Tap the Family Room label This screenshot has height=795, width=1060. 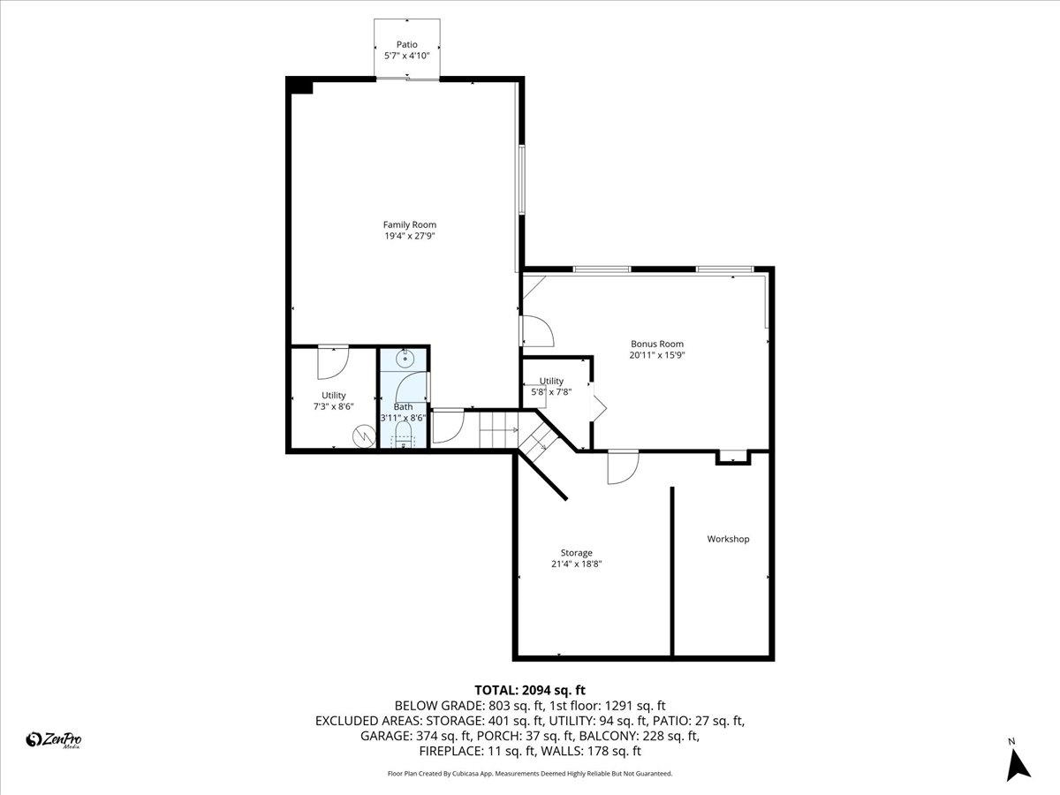[x=409, y=224]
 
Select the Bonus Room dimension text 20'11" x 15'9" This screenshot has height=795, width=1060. [x=656, y=355]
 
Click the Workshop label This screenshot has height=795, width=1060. [x=728, y=539]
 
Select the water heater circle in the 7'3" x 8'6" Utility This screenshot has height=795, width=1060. [x=363, y=435]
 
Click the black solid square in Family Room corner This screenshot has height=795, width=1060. [x=300, y=86]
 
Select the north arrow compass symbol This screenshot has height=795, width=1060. [x=1018, y=762]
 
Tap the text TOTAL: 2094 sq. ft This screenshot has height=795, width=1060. [x=530, y=690]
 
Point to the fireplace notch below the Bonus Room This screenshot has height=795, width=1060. [x=731, y=457]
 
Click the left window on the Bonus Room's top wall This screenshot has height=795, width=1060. [x=602, y=269]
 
